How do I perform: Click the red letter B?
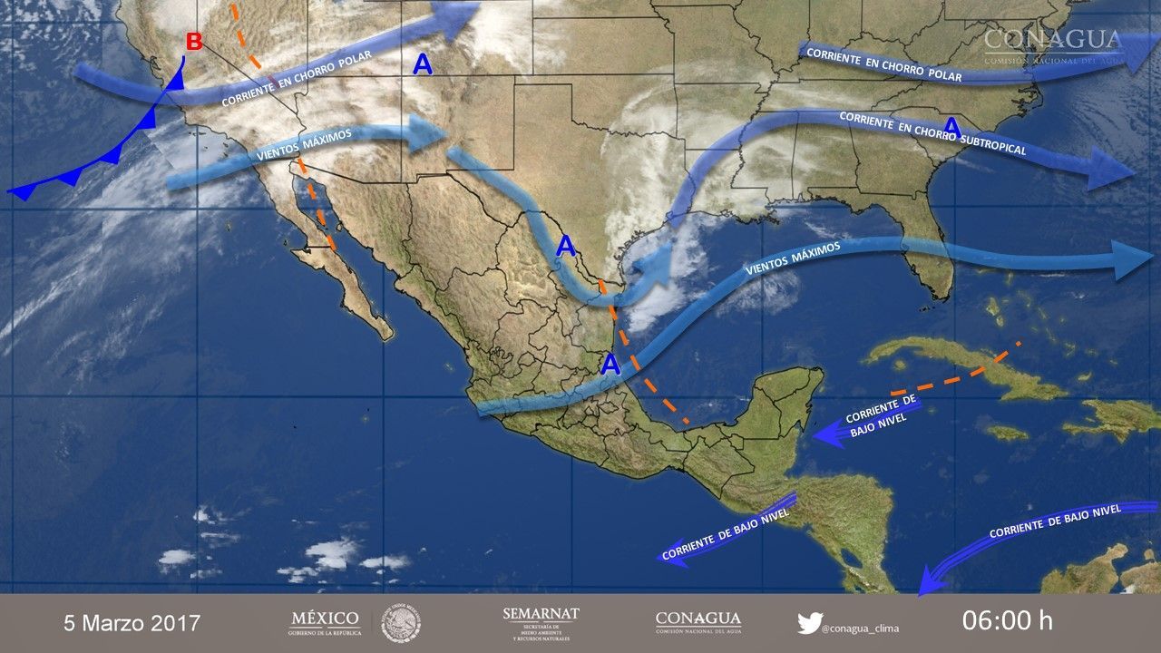coord(193,42)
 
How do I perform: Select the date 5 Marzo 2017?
coord(132,623)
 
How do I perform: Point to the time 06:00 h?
coord(1007,621)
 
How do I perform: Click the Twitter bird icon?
coord(808,623)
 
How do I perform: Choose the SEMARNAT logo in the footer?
coord(540,622)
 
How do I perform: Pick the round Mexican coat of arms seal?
coord(400,623)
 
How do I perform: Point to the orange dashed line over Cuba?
coord(961,375)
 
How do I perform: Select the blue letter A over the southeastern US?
coord(951,125)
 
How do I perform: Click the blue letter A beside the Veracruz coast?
coord(611,365)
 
